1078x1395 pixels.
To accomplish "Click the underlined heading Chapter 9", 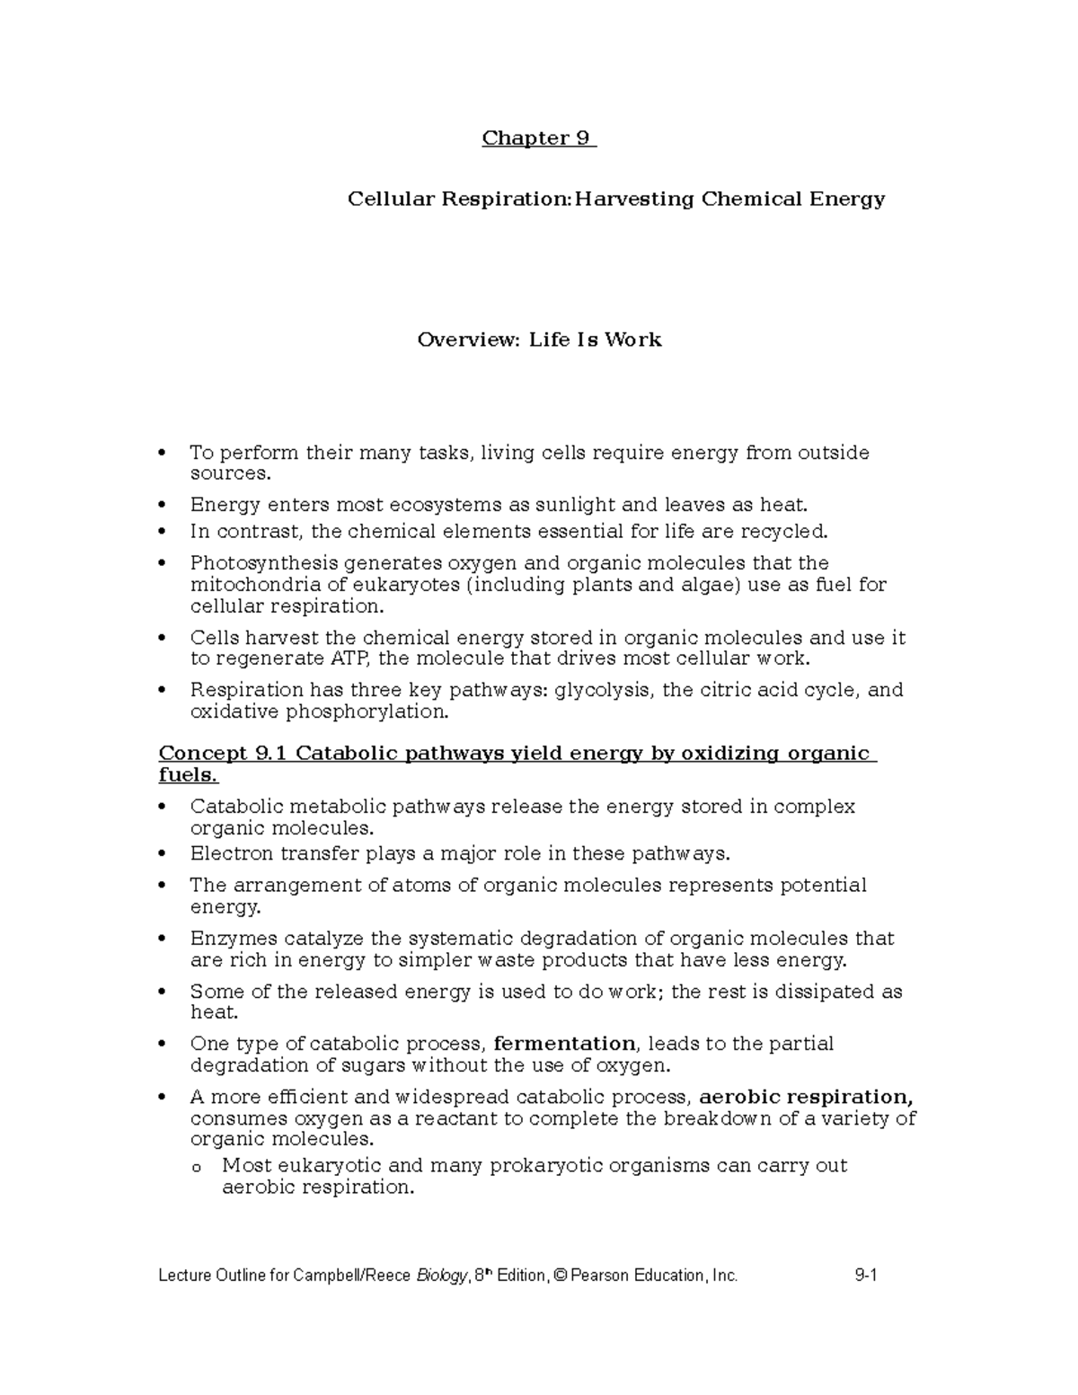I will (537, 138).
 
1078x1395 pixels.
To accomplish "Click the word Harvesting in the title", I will (634, 199).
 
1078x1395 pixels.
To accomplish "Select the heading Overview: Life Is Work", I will (539, 340).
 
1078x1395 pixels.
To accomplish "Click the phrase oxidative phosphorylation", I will (317, 711).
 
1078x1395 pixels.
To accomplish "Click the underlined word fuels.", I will (187, 775).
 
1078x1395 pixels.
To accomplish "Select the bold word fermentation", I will (564, 1044).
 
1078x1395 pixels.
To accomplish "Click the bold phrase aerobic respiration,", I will (806, 1097).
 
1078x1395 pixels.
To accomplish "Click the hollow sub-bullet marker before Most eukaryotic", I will (197, 1168).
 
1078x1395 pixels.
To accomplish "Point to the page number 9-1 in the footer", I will (866, 1276).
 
